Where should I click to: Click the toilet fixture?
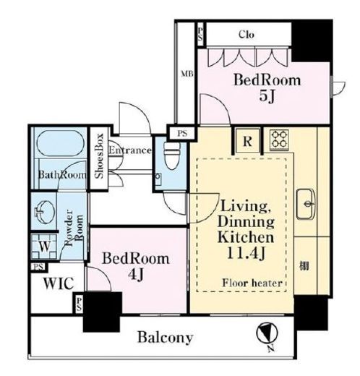[171, 155]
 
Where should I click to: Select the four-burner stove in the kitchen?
[279, 140]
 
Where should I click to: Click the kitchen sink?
[306, 204]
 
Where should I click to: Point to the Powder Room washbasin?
[45, 212]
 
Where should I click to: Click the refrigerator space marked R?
[247, 141]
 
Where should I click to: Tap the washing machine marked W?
[44, 247]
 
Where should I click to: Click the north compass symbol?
[267, 334]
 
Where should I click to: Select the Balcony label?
[165, 338]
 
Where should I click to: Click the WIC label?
[59, 283]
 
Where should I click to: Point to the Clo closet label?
[247, 35]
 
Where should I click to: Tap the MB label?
[187, 74]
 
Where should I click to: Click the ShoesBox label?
[99, 156]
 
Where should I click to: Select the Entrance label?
[130, 150]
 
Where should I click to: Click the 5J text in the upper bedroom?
[267, 96]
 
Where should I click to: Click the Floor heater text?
[252, 283]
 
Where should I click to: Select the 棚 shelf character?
[304, 266]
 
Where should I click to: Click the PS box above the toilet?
[182, 133]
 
